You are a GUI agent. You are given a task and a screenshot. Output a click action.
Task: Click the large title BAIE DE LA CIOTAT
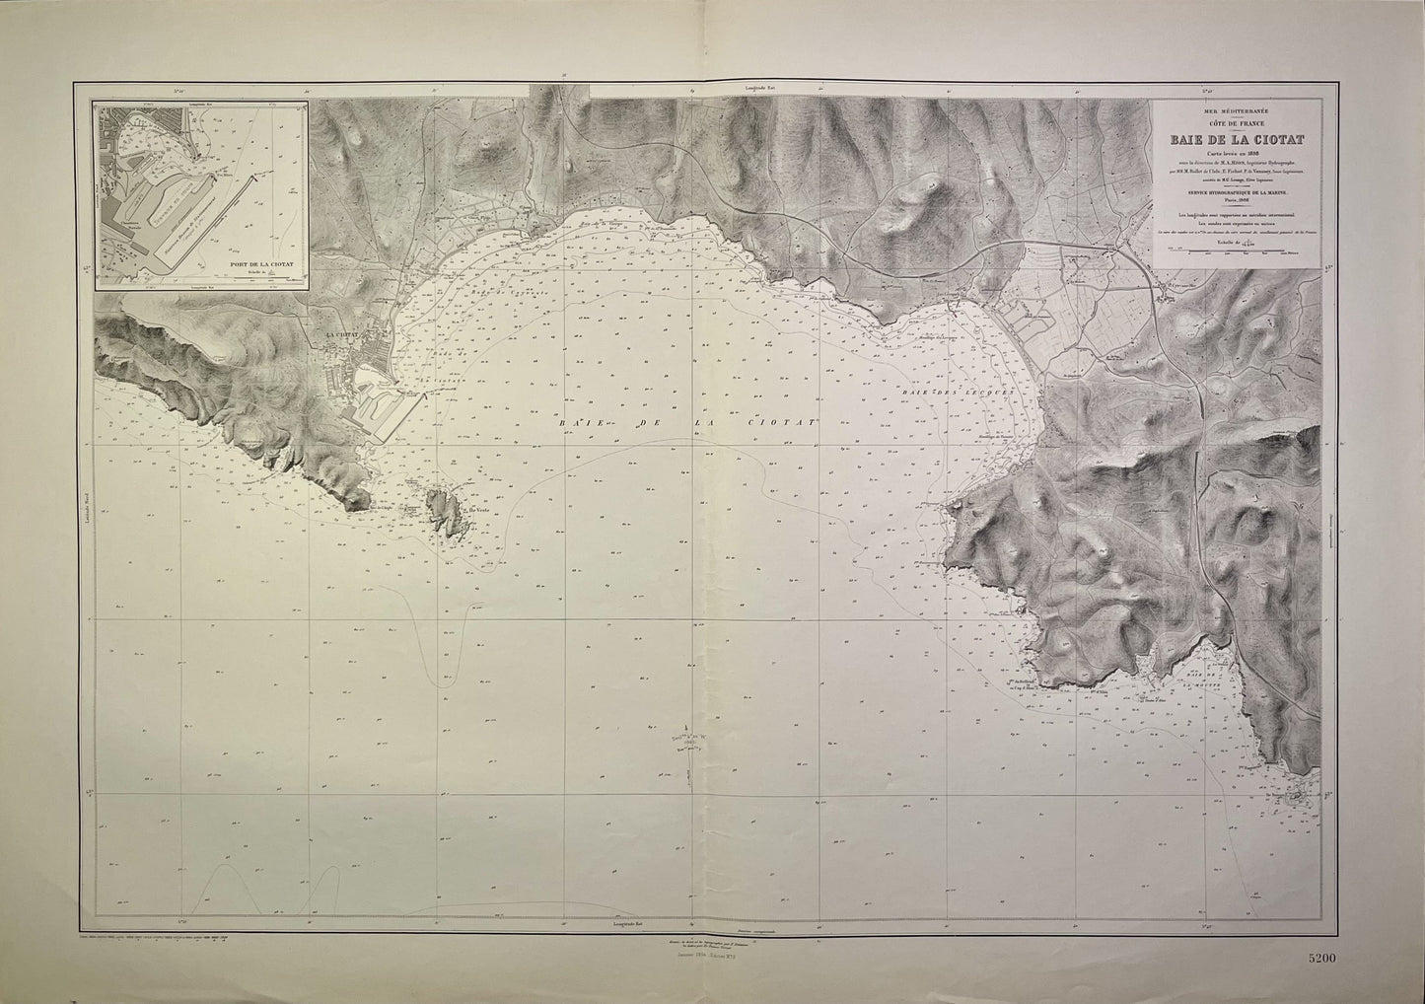click(x=1239, y=140)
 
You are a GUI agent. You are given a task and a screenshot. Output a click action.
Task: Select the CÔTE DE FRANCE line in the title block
click(x=1239, y=125)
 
